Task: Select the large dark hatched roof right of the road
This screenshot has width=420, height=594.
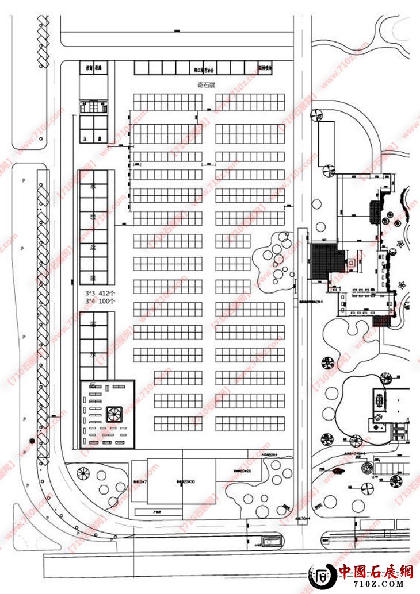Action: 326,261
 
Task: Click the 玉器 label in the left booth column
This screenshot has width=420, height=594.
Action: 92,138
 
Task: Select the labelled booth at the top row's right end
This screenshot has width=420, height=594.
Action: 265,68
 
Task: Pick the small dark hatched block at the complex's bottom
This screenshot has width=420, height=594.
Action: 382,321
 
